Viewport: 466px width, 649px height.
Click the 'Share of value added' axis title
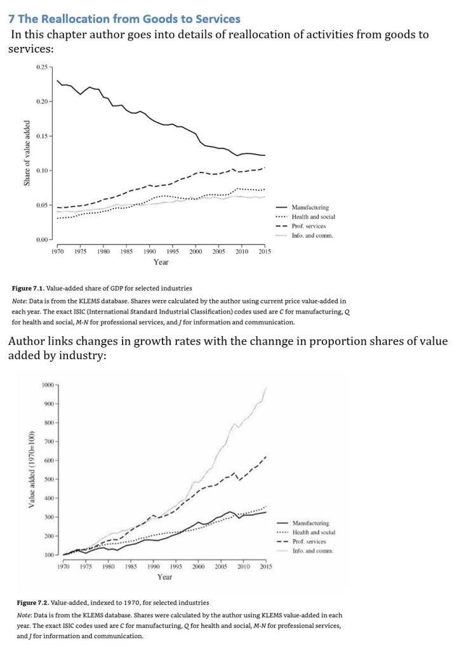(x=27, y=153)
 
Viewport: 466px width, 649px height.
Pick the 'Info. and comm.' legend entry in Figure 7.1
(x=312, y=235)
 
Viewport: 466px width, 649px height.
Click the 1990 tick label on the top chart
(x=150, y=251)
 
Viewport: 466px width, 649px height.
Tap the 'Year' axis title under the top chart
(x=161, y=261)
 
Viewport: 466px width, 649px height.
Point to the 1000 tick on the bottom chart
(x=48, y=385)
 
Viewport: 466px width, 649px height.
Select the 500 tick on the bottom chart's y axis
(x=49, y=480)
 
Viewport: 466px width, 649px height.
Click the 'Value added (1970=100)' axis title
(x=30, y=470)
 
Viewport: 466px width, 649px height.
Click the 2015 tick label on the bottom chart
(x=265, y=567)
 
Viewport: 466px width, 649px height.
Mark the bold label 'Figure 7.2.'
(x=36, y=603)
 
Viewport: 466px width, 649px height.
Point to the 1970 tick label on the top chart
(x=57, y=251)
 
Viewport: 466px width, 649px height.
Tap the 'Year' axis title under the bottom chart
(x=164, y=577)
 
